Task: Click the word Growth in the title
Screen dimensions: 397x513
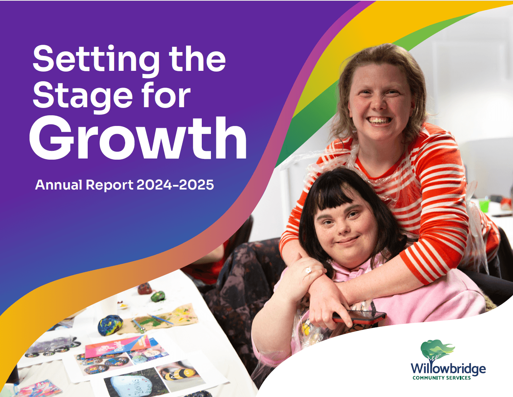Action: coord(138,139)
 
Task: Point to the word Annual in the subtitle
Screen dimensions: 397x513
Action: coord(59,185)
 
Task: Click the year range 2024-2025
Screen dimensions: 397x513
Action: coord(175,185)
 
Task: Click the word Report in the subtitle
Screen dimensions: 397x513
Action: coord(109,186)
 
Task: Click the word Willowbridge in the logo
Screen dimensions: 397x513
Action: coord(448,369)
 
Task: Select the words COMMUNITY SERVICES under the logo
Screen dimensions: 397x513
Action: coord(441,378)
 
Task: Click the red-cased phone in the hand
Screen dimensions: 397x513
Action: coord(360,316)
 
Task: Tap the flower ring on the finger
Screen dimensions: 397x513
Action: coord(308,271)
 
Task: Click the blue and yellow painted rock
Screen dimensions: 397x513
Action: coord(110,324)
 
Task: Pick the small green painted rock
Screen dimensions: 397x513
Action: coord(158,296)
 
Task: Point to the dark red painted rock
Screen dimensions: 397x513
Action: coord(145,288)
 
